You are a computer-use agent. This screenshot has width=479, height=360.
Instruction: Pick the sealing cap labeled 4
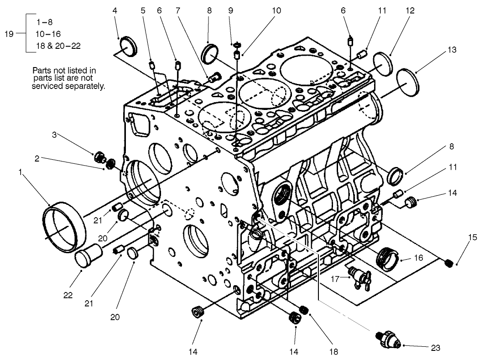tap(128, 47)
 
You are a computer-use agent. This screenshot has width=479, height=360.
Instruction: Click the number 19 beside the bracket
tap(15, 34)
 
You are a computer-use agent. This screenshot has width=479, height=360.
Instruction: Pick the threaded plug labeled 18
tap(305, 311)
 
